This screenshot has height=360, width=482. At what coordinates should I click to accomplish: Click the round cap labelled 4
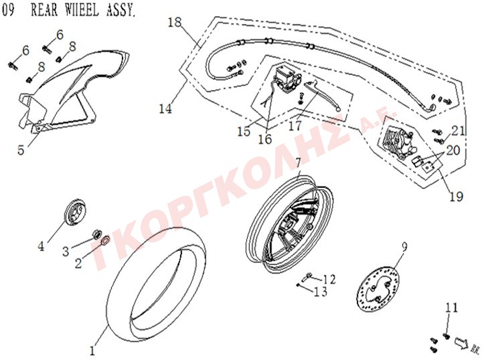[76, 211]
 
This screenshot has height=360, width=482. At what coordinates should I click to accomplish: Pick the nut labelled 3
[96, 235]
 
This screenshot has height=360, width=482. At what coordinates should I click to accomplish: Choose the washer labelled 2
[106, 240]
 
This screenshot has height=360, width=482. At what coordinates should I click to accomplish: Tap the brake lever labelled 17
[322, 95]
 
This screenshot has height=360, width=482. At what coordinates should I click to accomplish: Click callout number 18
[175, 22]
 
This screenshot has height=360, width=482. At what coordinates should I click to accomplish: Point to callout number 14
[165, 108]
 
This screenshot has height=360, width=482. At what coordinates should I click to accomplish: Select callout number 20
[453, 151]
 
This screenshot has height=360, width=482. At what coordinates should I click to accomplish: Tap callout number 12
[329, 279]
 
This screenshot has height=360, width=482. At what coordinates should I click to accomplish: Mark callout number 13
[321, 291]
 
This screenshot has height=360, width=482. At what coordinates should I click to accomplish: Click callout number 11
[452, 308]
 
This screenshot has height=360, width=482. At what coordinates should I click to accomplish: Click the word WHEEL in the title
[82, 9]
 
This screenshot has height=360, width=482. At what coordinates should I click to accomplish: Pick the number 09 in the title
[8, 9]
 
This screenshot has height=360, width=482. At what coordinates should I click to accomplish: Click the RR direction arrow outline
[459, 342]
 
